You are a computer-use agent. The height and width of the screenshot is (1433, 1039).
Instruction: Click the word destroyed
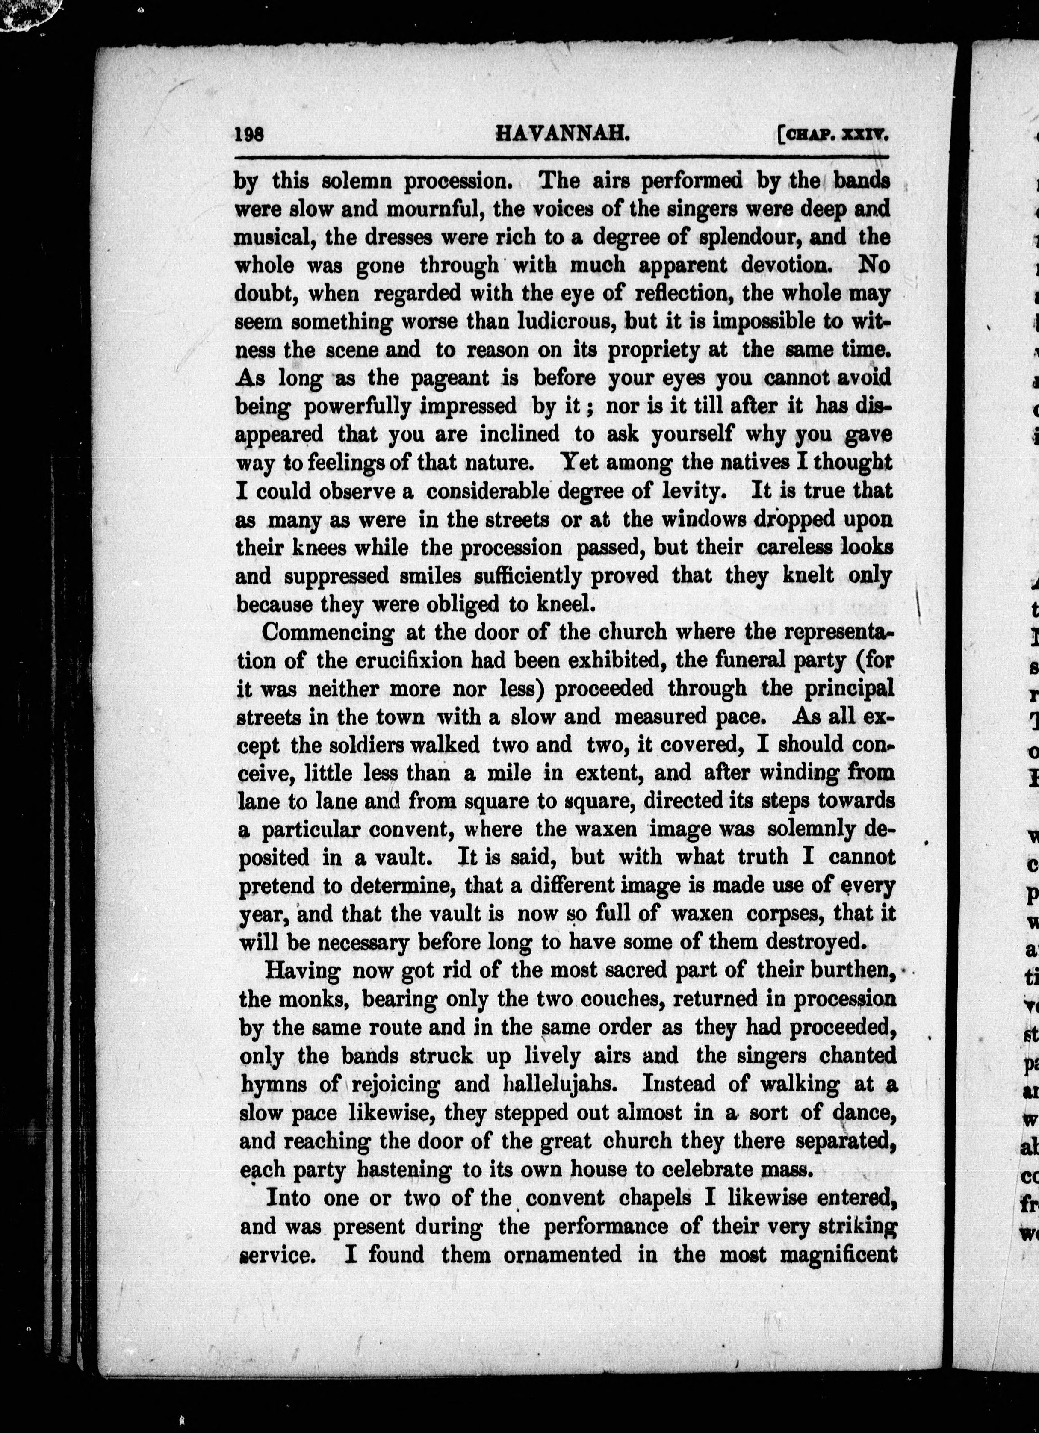(x=814, y=942)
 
